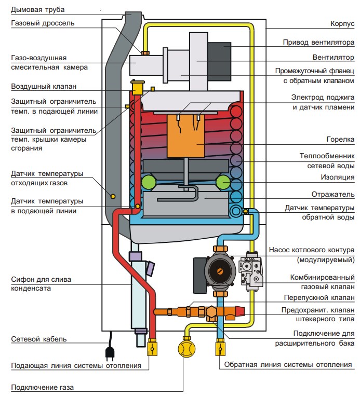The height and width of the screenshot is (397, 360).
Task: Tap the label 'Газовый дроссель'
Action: pyautogui.click(x=43, y=23)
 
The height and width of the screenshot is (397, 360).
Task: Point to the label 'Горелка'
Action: pyautogui.click(x=340, y=140)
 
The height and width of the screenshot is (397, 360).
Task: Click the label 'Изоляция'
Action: pyautogui.click(x=337, y=177)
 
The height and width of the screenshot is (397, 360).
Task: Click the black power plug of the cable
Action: pyautogui.click(x=111, y=353)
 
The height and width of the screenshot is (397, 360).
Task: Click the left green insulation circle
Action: pyautogui.click(x=149, y=182)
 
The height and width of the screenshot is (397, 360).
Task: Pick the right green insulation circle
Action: pyautogui.click(x=223, y=182)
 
